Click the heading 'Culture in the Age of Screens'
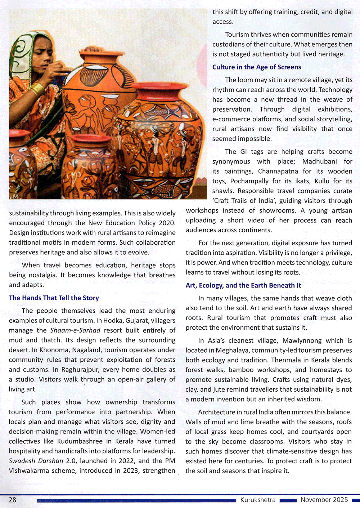[256, 67]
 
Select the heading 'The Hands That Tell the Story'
[54, 298]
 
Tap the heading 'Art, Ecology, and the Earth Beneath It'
[243, 285]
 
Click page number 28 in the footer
[12, 500]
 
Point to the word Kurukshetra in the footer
[258, 500]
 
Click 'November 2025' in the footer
[324, 500]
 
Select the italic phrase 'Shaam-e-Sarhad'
[75, 330]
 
